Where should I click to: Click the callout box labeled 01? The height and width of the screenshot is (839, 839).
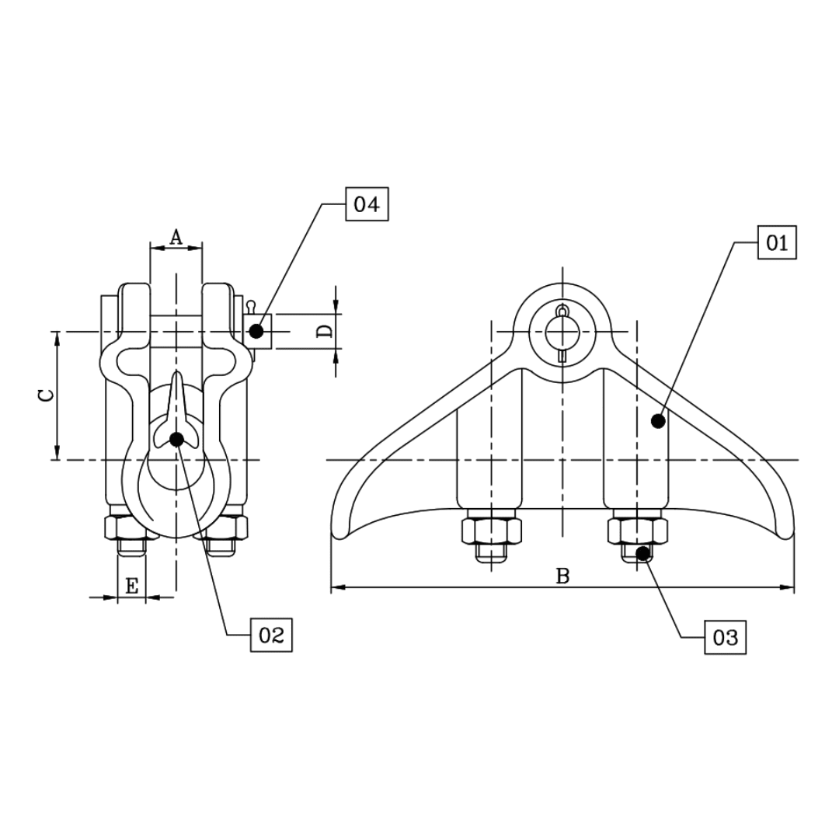tap(777, 243)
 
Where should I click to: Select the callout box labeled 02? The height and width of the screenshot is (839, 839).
tap(271, 635)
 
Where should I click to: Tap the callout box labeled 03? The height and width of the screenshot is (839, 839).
tap(725, 638)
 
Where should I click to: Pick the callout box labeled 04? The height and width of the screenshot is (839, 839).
tap(366, 205)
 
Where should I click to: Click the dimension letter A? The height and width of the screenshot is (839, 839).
tap(176, 237)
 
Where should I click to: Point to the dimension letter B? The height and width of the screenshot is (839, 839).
tap(562, 576)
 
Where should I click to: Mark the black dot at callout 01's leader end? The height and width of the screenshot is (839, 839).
tap(658, 421)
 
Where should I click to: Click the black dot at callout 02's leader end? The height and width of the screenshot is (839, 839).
tap(176, 440)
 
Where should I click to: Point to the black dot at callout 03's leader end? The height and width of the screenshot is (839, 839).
tap(642, 553)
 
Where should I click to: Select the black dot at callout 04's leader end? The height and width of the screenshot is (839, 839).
tap(256, 331)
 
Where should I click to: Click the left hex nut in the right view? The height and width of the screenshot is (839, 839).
tap(491, 531)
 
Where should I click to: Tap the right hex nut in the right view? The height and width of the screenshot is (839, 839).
tap(637, 531)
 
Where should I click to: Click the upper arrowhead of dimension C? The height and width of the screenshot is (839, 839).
tap(56, 337)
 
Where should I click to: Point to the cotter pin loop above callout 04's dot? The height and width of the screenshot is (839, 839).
tap(251, 305)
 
